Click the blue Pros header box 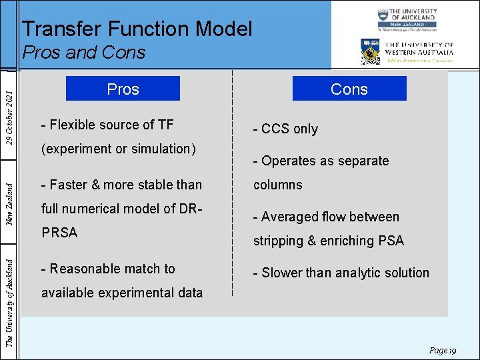(123, 89)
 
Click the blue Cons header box (349, 89)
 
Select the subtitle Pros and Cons (83, 52)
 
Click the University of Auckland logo (406, 21)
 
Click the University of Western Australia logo (407, 51)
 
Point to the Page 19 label (442, 350)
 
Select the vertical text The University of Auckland (9, 293)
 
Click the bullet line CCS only (285, 129)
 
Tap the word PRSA (59, 233)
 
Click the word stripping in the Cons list (277, 241)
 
